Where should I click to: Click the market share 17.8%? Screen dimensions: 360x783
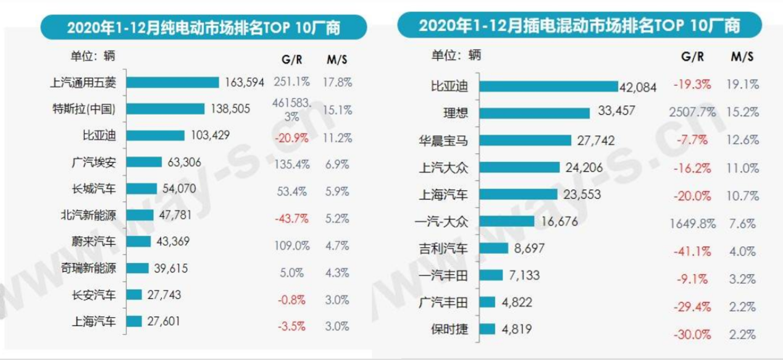click(x=339, y=82)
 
